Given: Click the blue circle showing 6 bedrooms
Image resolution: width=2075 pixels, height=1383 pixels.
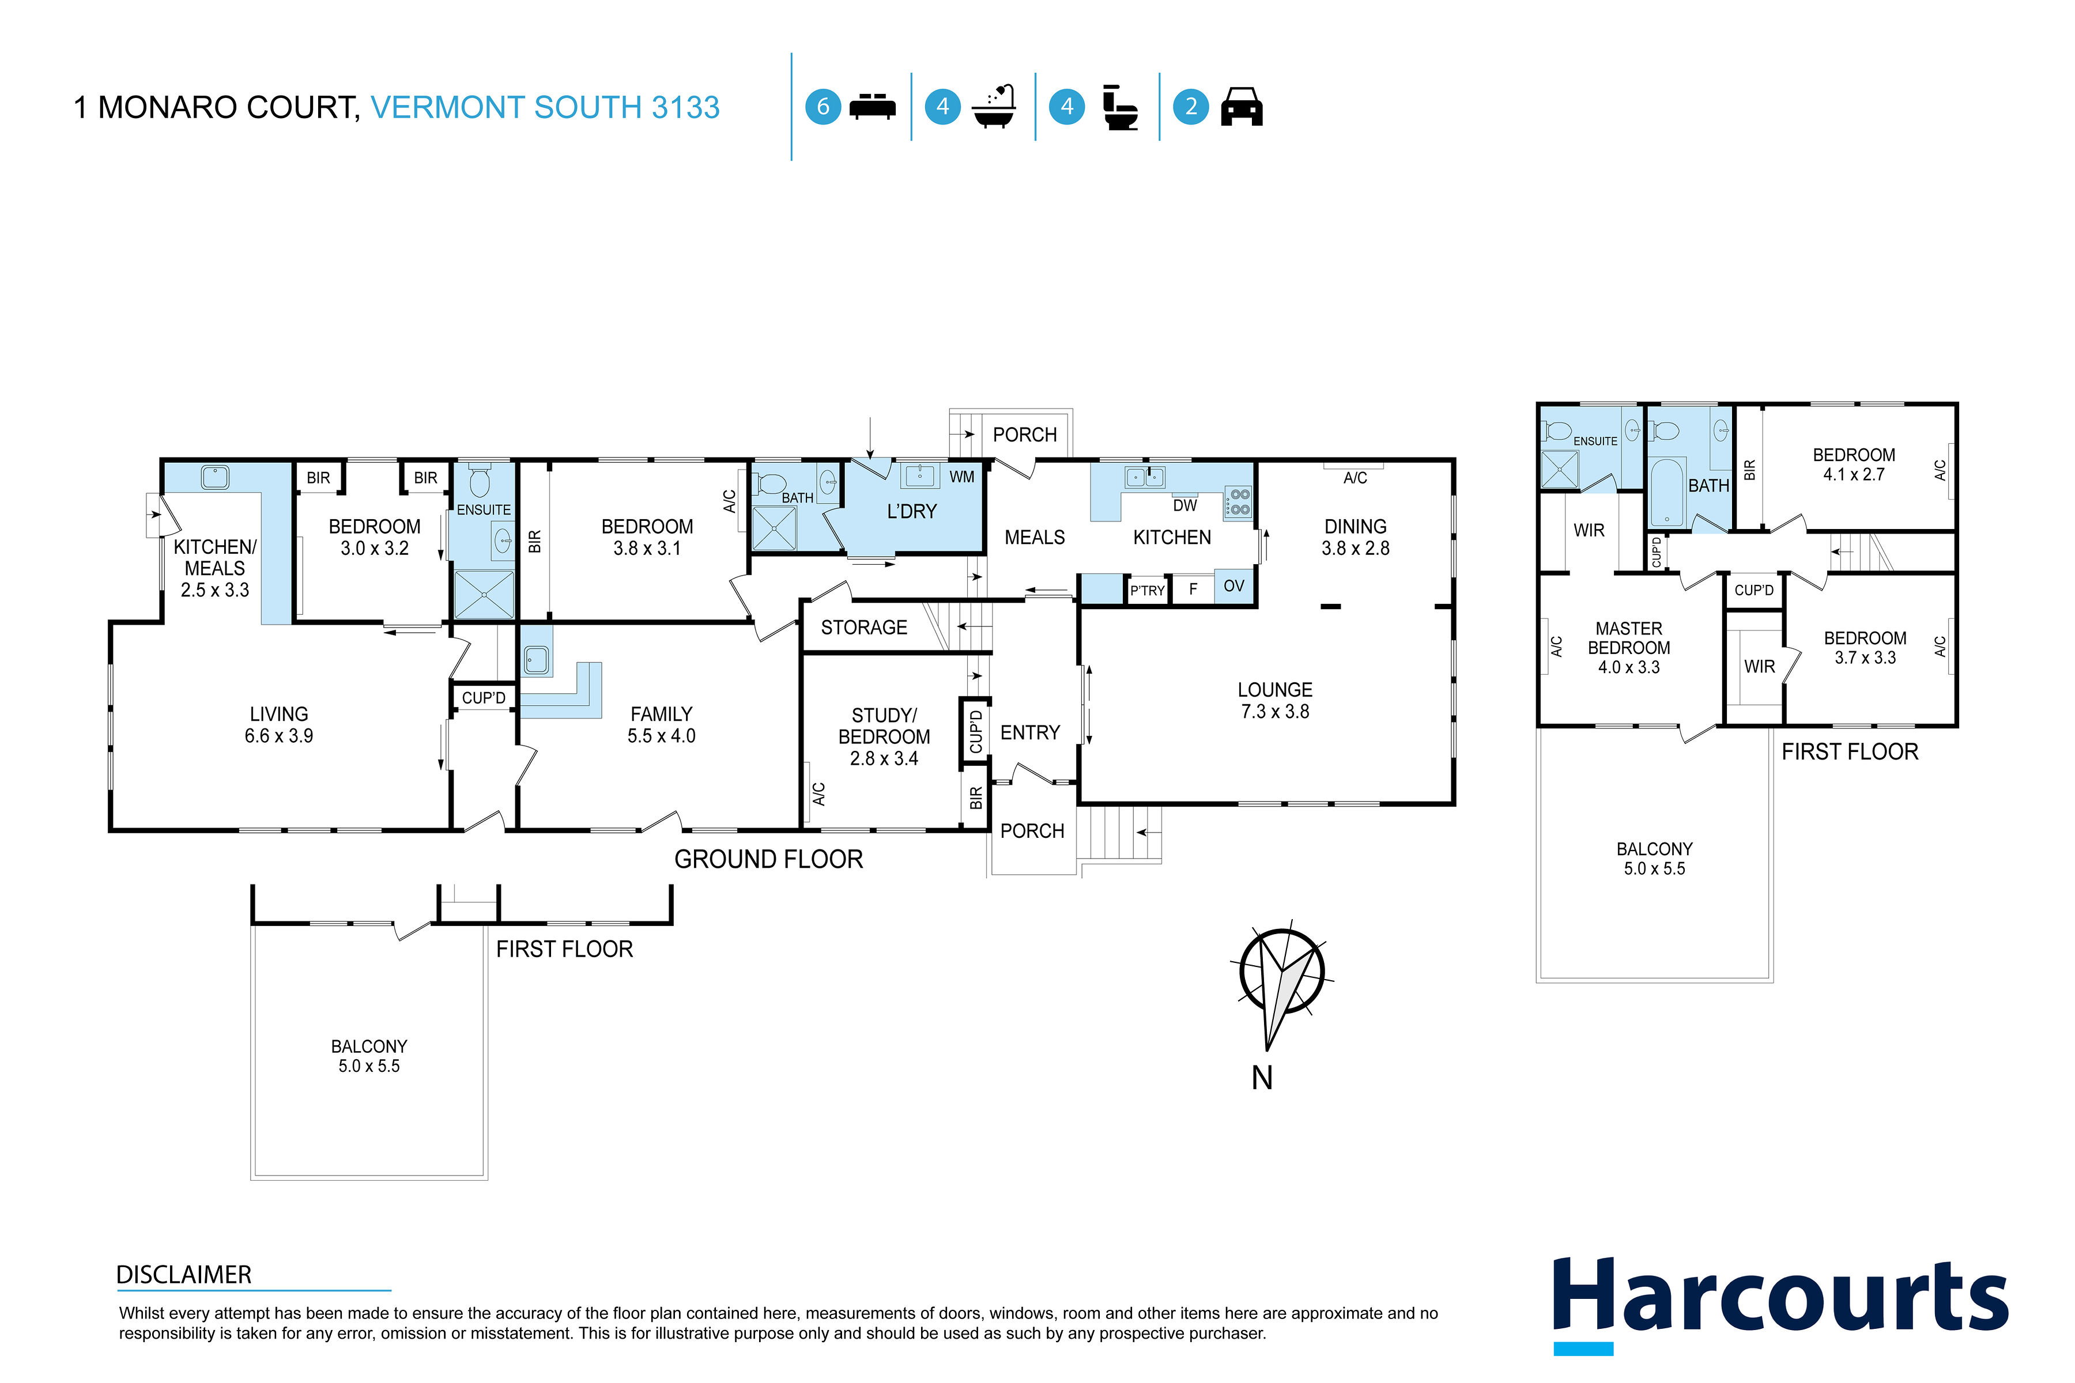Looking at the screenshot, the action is pyautogui.click(x=823, y=107).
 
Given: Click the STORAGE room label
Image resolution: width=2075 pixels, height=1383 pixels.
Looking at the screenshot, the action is pyautogui.click(x=863, y=627).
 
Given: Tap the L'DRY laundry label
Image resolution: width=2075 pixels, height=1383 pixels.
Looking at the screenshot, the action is pyautogui.click(x=911, y=512).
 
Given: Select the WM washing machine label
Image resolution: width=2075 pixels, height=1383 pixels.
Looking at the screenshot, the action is pyautogui.click(x=961, y=477).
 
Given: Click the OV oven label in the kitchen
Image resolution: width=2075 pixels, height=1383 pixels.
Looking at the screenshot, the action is pyautogui.click(x=1233, y=585).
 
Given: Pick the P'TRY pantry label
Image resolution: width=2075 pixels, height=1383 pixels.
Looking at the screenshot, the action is pyautogui.click(x=1148, y=590).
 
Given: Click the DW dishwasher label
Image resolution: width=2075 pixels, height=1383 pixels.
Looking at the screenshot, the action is pyautogui.click(x=1185, y=505).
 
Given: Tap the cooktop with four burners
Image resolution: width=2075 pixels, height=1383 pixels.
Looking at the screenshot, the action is pyautogui.click(x=1238, y=502).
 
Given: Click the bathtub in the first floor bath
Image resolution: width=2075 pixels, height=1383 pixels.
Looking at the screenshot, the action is pyautogui.click(x=1666, y=492).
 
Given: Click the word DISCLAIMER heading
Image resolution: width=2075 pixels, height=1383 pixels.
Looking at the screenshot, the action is pyautogui.click(x=183, y=1275).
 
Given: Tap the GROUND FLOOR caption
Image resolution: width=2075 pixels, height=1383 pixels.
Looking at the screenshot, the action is pyautogui.click(x=768, y=859).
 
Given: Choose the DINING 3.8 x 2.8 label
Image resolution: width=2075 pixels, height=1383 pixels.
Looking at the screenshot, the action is pyautogui.click(x=1355, y=537).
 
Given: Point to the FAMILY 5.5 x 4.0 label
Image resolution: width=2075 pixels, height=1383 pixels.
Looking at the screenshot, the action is pyautogui.click(x=661, y=725).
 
